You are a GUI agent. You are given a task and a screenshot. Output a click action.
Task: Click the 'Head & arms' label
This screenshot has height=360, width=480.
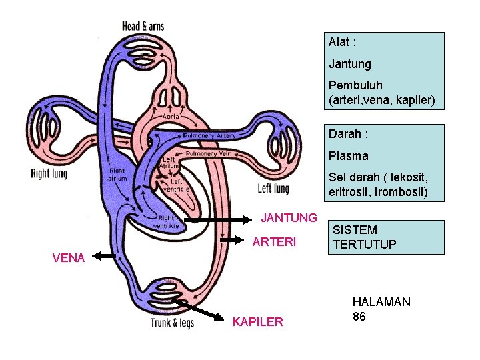point(143,26)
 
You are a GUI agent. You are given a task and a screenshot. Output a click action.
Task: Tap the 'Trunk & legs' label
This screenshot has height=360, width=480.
point(172,323)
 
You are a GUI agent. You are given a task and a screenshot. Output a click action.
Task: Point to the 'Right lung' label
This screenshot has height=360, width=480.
point(49,174)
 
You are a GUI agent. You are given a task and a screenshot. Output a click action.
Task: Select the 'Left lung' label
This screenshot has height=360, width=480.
point(273,189)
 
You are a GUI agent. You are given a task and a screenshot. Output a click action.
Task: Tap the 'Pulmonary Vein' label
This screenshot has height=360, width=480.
point(208,153)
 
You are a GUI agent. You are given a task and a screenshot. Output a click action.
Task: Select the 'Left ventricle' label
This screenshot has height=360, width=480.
point(176,185)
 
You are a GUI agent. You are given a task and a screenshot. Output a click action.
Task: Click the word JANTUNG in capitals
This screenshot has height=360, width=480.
point(289,218)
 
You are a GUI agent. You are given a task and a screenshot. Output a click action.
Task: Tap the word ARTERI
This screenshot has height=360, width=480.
point(274,242)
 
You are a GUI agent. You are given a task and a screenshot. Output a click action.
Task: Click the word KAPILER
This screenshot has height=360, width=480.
point(257,322)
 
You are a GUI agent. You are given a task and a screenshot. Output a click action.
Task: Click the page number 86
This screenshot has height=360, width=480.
point(359,317)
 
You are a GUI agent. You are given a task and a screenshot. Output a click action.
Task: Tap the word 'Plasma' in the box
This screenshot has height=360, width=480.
point(348,156)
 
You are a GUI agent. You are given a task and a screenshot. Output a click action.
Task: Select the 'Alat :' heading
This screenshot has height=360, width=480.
point(342,42)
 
